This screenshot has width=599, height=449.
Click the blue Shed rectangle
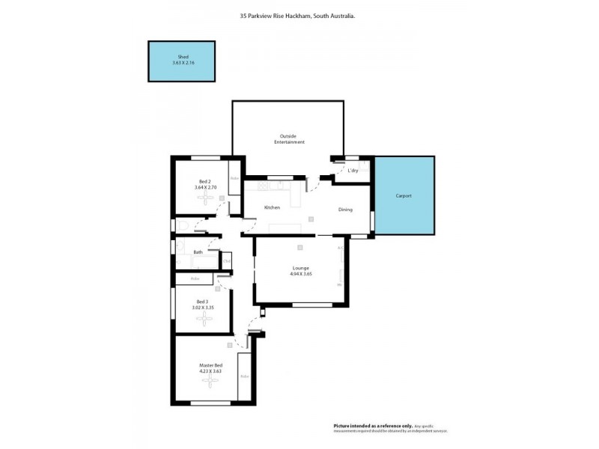pyautogui.click(x=183, y=61)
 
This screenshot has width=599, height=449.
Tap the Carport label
pyautogui.click(x=404, y=196)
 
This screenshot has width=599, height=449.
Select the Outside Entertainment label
pyautogui.click(x=289, y=139)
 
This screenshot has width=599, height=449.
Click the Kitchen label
pyautogui.click(x=272, y=207)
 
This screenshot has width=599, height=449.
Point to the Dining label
pyautogui.click(x=345, y=210)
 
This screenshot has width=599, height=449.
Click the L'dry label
pyautogui.click(x=353, y=171)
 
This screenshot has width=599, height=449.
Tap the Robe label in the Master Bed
pyautogui.click(x=243, y=376)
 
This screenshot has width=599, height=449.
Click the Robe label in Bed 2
pyautogui.click(x=234, y=178)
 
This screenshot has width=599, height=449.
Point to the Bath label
pyautogui.click(x=198, y=252)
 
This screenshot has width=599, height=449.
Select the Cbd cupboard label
pyautogui.click(x=226, y=261)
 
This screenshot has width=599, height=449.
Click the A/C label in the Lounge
pyautogui.click(x=340, y=248)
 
